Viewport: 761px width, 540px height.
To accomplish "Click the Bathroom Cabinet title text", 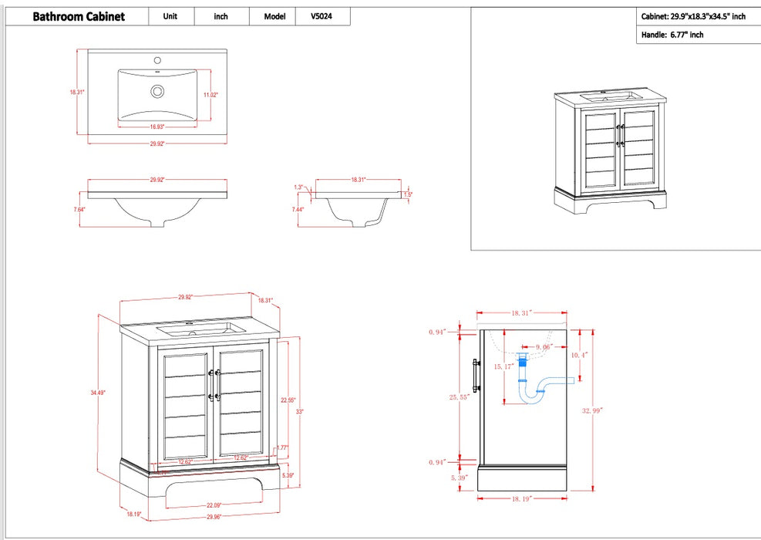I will pos(79,17).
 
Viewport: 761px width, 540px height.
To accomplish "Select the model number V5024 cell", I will pos(323,16).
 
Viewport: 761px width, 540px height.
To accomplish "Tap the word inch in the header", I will pos(221,16).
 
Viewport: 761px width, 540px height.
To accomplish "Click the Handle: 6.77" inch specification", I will pos(672,35).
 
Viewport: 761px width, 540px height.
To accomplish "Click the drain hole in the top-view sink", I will pos(157,92).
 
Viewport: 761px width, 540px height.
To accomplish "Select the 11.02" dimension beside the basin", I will pos(210,95).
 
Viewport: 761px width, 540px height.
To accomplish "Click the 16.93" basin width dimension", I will pos(157,127).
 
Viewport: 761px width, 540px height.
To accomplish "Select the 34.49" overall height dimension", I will pos(98,393).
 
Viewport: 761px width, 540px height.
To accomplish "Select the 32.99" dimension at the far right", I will pos(592,411).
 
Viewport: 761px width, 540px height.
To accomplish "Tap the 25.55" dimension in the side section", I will pos(460,397).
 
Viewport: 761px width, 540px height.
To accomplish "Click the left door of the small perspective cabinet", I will pos(601,148).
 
